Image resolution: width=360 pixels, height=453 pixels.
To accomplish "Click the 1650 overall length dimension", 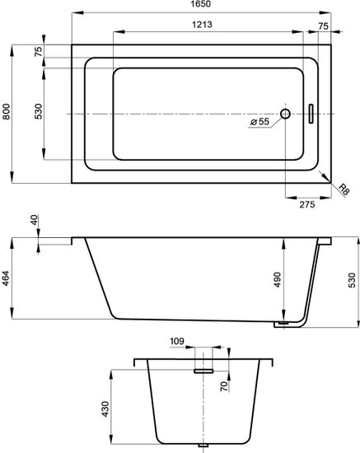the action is [202, 4].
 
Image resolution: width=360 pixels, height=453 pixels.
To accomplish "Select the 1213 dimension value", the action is [203, 24].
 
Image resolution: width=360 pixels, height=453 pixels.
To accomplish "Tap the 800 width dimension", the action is [7, 111].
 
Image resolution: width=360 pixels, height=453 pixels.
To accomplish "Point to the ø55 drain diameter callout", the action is [260, 122].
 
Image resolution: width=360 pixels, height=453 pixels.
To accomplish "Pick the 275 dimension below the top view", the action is [306, 204].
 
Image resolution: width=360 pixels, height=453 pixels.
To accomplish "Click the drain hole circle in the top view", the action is [285, 114].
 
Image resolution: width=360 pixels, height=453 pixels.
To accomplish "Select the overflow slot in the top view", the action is [311, 114].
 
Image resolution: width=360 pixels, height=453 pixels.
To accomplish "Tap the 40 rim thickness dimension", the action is [34, 220].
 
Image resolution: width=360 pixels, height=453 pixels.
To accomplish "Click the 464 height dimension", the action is [7, 278].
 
